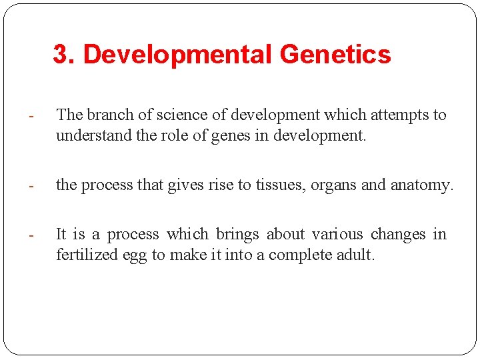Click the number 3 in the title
tap(60, 55)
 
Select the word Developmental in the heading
tap(177, 55)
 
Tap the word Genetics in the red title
tap(335, 55)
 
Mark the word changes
tap(397, 234)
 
